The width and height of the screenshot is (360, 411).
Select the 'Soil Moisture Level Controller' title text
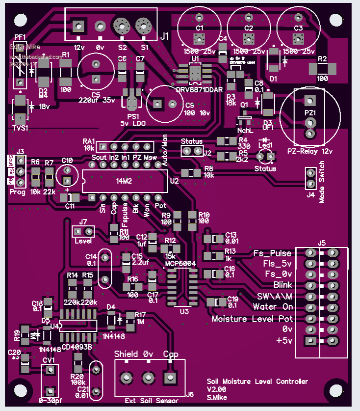point(257,382)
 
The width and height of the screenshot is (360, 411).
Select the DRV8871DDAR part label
point(199,90)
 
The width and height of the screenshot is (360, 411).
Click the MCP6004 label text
point(180,264)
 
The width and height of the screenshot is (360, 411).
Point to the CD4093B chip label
point(77,347)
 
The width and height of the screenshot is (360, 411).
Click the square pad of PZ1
point(309,101)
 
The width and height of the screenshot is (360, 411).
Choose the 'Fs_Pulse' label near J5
point(272,253)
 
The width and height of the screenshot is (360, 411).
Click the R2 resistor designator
point(322,59)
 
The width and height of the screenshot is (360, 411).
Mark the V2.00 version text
point(216,389)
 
